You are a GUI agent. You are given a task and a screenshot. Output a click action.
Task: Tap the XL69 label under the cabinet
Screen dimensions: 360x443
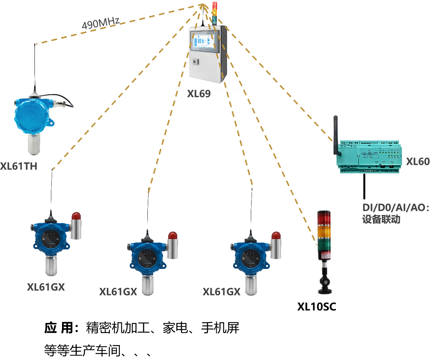(x=199, y=94)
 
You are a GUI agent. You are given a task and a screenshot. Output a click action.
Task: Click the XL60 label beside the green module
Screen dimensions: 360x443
(x=418, y=162)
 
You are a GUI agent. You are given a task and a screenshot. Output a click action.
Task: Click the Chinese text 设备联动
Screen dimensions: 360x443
(x=381, y=220)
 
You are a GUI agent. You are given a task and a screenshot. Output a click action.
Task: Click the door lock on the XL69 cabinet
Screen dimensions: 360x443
(x=195, y=62)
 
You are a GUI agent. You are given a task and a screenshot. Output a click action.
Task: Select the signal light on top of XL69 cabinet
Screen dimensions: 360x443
(x=214, y=13)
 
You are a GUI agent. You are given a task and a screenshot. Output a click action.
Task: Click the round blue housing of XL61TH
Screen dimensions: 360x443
(x=32, y=117)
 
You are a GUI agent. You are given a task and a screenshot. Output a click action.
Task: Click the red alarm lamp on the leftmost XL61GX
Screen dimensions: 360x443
(x=76, y=217)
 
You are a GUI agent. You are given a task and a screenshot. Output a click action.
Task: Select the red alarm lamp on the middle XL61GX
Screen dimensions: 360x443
(x=173, y=236)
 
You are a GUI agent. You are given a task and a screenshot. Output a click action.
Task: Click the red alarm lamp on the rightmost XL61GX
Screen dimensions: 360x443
(x=276, y=236)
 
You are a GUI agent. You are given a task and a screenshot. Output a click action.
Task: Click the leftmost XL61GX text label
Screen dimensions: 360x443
(x=46, y=287)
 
